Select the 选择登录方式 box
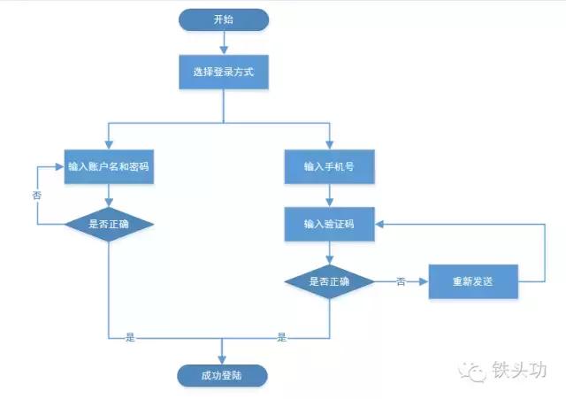coord(223,72)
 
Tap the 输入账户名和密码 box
coord(109,166)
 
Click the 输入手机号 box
coord(329,166)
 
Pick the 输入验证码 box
coord(329,224)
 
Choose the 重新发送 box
coord(472,281)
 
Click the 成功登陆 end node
coord(222,375)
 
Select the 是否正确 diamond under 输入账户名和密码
coord(109,224)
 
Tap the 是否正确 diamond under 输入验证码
coord(329,281)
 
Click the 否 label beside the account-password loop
coord(36,195)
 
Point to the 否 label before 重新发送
coord(401,281)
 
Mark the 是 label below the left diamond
coord(130,337)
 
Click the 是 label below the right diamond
coord(282,337)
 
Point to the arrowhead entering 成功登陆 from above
coord(223,357)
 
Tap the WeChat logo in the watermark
coord(477,371)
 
